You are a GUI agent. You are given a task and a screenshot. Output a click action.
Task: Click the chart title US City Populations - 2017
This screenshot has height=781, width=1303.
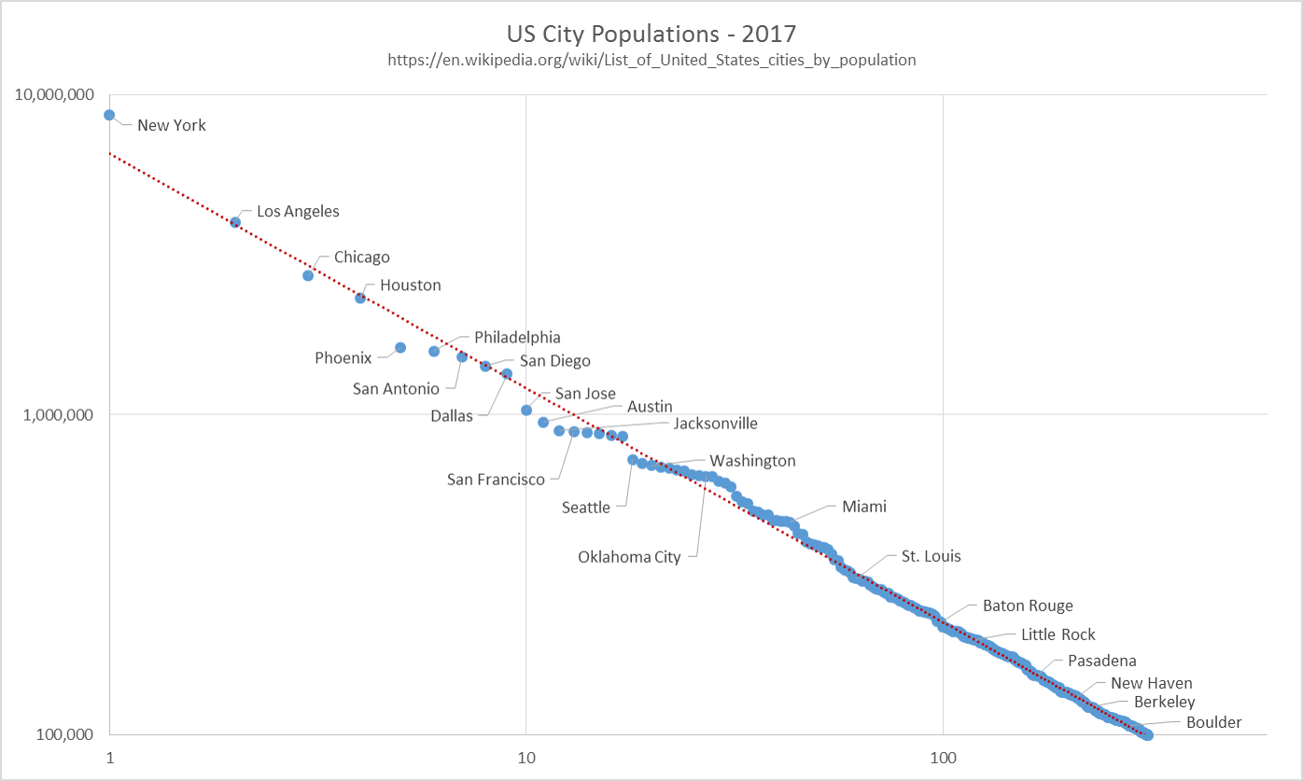tap(651, 35)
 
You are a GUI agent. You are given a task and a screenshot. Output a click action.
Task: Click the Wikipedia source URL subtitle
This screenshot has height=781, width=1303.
tap(651, 60)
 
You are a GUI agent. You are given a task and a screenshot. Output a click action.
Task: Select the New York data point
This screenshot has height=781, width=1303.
tap(109, 115)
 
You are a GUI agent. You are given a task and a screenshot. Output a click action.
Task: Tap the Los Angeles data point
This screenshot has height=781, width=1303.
tap(235, 222)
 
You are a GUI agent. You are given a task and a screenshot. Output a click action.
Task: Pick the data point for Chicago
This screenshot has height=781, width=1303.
tap(308, 275)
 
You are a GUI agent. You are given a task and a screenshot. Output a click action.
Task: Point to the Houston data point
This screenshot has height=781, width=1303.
tap(360, 298)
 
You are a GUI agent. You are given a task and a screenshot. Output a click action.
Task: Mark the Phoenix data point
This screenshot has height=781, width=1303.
tap(400, 347)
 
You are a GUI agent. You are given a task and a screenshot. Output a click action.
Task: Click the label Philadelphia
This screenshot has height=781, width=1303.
tap(517, 337)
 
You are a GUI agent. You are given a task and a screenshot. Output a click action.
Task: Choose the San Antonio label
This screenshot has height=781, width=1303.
tap(396, 388)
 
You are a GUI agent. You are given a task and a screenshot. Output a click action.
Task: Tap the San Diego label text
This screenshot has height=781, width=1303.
tap(555, 361)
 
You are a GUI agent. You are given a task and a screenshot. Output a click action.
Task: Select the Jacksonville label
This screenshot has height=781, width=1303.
tap(716, 424)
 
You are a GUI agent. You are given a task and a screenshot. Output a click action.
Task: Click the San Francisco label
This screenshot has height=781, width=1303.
tap(496, 480)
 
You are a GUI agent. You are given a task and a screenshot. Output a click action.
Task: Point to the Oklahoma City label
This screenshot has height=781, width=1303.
tap(629, 557)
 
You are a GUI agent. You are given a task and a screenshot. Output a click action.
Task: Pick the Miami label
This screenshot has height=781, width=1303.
tap(864, 507)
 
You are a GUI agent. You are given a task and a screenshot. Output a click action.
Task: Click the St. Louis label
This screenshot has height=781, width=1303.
tap(931, 556)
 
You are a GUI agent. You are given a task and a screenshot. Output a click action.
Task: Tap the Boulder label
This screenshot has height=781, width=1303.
tap(1214, 722)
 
